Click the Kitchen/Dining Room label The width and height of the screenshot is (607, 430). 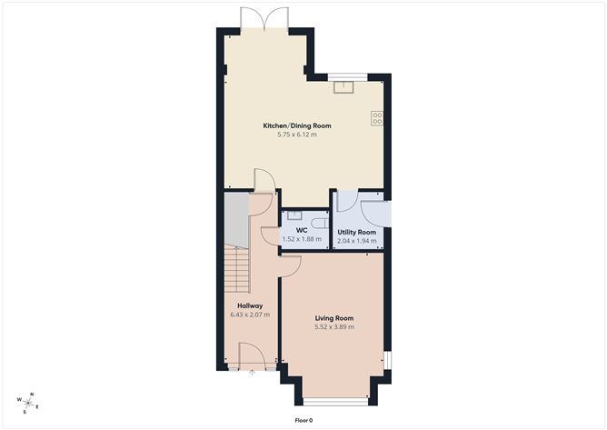(297, 125)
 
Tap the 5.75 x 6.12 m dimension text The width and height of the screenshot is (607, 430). (297, 135)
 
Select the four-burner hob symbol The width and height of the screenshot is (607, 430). (377, 118)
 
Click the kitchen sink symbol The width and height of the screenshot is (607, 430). (343, 87)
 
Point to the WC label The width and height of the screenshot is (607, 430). (302, 231)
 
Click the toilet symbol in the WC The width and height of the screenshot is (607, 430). (321, 224)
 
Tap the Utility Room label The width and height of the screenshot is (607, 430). (356, 232)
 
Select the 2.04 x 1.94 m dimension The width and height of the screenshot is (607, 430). (356, 241)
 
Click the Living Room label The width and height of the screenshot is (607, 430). (334, 318)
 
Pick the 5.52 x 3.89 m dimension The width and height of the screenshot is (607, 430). (334, 327)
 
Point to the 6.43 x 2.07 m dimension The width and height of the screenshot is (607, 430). (250, 315)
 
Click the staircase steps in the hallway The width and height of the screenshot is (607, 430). (236, 270)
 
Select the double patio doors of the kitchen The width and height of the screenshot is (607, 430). (264, 18)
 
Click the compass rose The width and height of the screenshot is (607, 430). (28, 403)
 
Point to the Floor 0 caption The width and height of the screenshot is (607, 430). (303, 420)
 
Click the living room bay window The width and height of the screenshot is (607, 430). (335, 402)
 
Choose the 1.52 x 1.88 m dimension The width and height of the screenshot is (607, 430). (302, 239)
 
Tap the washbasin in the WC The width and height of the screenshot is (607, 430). (295, 215)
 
